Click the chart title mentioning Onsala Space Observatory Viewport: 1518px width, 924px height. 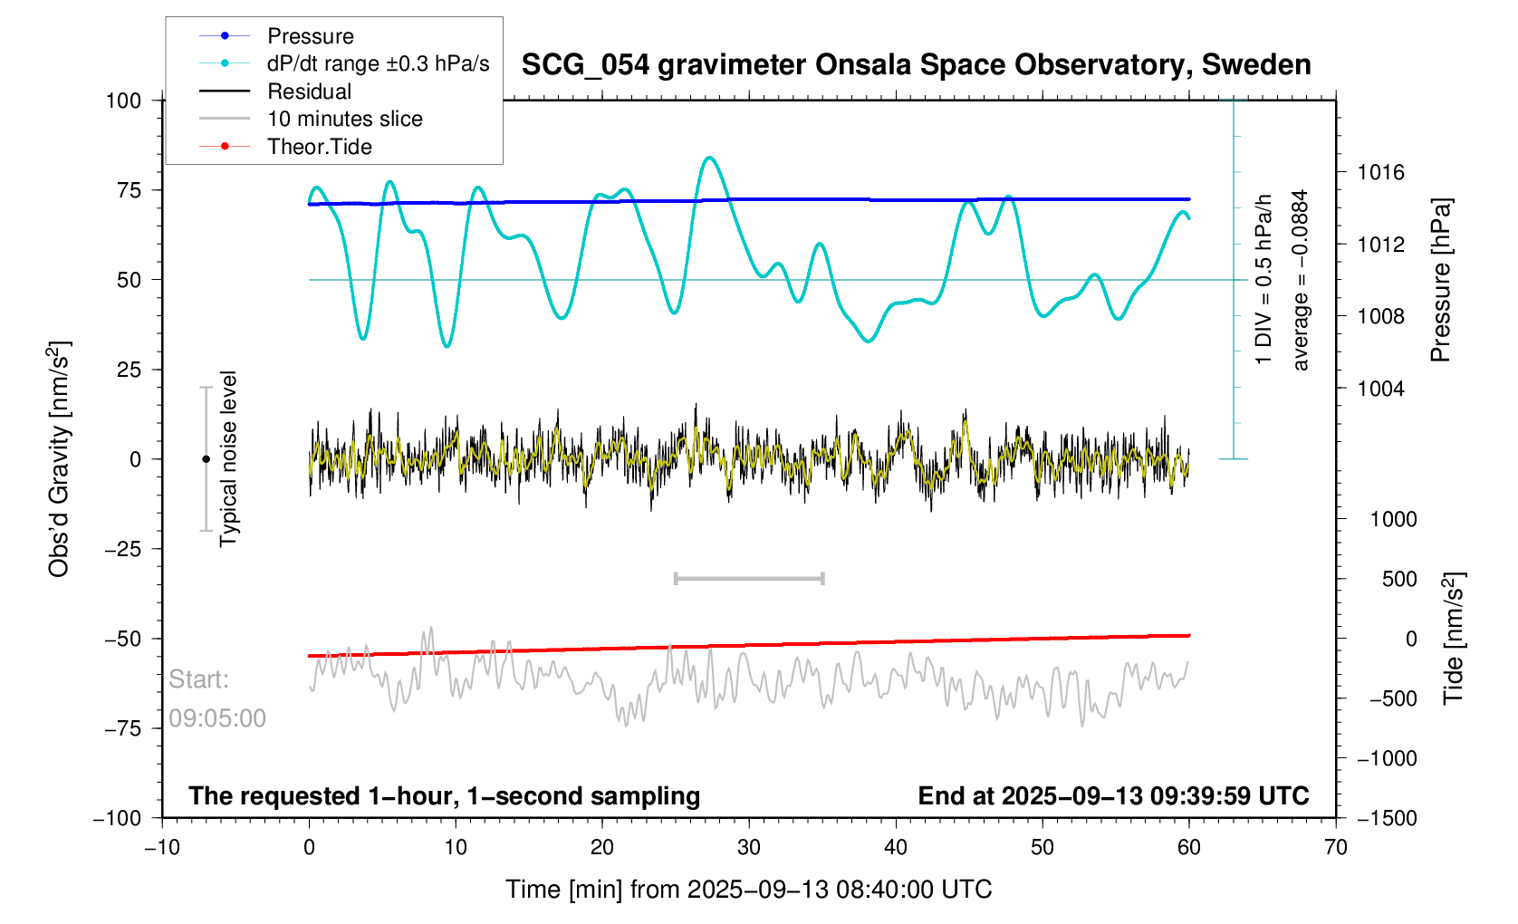(x=916, y=65)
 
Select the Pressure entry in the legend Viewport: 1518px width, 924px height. (x=310, y=36)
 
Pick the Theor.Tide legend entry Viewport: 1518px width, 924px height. (x=319, y=147)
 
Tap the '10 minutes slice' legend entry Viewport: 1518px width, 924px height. (x=344, y=119)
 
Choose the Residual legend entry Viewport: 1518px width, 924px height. (x=309, y=91)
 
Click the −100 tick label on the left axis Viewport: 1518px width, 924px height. (x=118, y=818)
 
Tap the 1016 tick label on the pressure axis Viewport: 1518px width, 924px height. (x=1380, y=172)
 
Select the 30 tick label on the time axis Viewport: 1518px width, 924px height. (x=749, y=848)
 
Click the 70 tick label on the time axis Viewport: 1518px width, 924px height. (x=1336, y=848)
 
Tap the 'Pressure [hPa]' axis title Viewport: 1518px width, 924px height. (x=1440, y=281)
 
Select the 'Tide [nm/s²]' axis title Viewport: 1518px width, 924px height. (x=1454, y=639)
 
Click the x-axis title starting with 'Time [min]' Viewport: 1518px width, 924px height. (x=748, y=890)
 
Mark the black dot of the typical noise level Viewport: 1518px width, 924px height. (x=206, y=459)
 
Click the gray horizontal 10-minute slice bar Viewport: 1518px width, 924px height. (x=749, y=578)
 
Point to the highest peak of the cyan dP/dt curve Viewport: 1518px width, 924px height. (x=710, y=158)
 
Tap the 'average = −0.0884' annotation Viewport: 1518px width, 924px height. (x=1301, y=281)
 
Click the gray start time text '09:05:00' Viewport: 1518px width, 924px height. (x=217, y=718)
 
